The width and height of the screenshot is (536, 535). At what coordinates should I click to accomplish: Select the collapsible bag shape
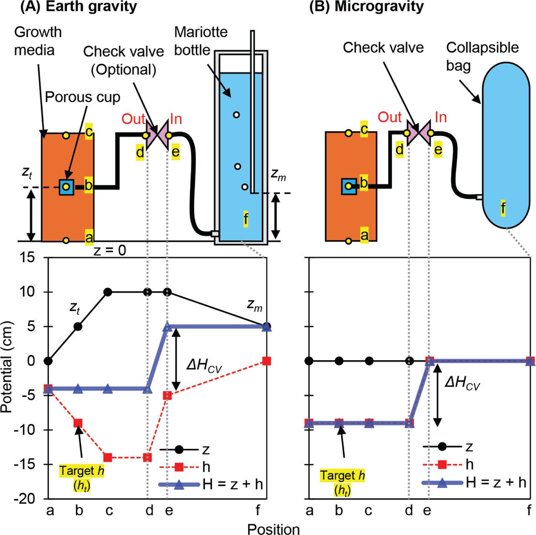(x=506, y=144)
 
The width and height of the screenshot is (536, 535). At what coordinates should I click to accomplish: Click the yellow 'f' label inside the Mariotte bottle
(x=246, y=218)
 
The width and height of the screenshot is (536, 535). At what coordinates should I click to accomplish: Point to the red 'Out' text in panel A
(x=133, y=119)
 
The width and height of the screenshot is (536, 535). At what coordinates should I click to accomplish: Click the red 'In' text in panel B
(x=441, y=118)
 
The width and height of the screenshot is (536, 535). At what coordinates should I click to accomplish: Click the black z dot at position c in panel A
(x=108, y=292)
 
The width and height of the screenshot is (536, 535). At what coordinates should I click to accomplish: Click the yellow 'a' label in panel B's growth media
(x=364, y=235)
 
